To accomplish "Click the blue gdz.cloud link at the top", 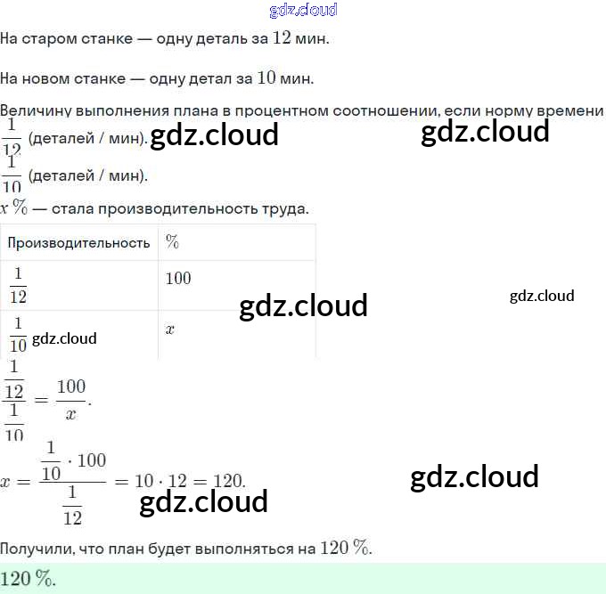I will [302, 10].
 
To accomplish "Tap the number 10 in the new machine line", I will [266, 78].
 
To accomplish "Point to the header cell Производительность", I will [78, 242].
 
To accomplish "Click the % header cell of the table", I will [173, 242].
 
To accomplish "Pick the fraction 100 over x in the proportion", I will [71, 400].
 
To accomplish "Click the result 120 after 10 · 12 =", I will [228, 481].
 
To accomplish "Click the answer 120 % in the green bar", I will [28, 579].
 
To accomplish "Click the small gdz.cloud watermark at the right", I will [542, 296].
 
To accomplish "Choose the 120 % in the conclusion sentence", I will [346, 549].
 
